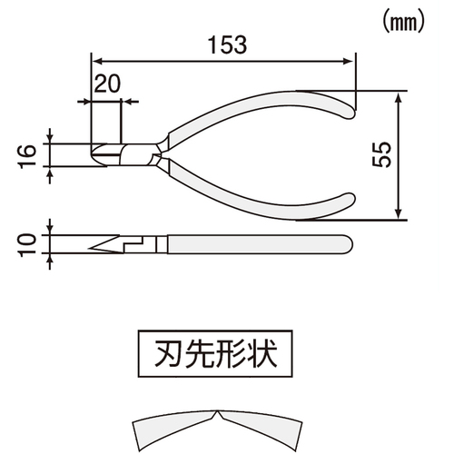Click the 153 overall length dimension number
[228, 45]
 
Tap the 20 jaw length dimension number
[107, 84]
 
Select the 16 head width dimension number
[27, 156]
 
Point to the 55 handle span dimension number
[381, 154]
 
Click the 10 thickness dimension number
[27, 245]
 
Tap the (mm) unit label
[403, 23]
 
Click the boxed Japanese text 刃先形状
[215, 353]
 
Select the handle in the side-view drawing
[260, 244]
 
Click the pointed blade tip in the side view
[90, 249]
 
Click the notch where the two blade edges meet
[218, 411]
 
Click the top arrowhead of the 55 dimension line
[399, 97]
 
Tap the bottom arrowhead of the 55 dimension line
[399, 213]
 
